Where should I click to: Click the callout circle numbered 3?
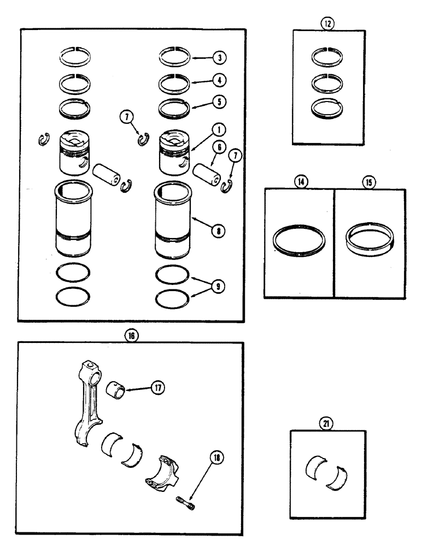(218, 57)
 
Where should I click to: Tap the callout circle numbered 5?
(218, 102)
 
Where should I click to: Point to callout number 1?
(218, 130)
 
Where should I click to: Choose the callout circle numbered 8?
(218, 230)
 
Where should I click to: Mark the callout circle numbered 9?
(219, 286)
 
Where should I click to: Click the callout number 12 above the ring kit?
(327, 23)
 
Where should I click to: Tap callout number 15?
(369, 182)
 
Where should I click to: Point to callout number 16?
(131, 336)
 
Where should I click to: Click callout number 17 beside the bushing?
(158, 388)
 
